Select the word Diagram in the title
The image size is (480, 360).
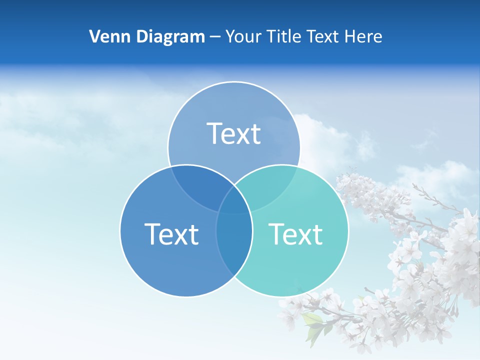click(170, 36)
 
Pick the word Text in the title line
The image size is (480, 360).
click(321, 36)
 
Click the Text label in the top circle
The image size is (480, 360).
click(234, 133)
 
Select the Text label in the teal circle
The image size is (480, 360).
click(296, 233)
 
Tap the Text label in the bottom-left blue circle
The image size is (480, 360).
click(171, 233)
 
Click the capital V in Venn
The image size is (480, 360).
click(94, 36)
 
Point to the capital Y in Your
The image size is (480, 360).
click(230, 36)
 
